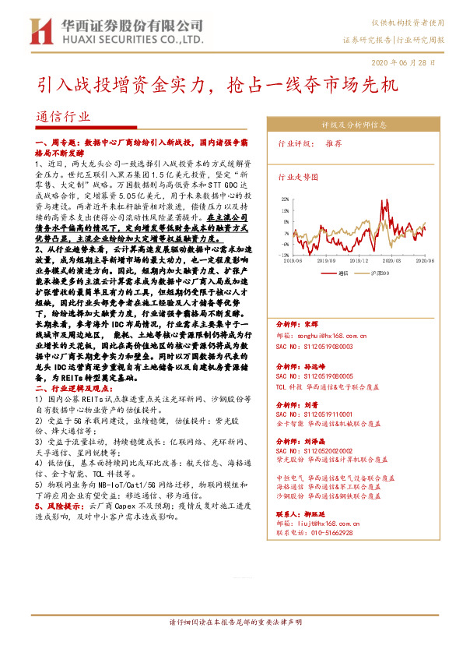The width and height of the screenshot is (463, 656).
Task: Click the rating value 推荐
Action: pos(334,144)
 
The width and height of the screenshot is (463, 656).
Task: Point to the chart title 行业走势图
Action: pos(299,178)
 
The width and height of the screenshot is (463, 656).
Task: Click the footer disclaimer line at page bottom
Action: pos(231,645)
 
